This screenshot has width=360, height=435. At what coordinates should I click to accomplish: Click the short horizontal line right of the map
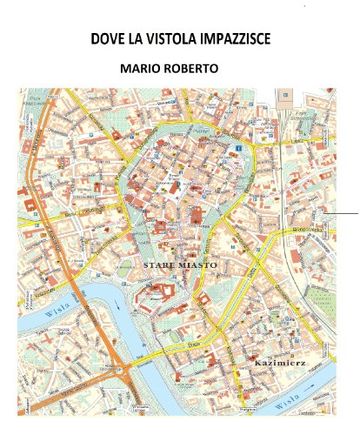pos(345,213)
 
